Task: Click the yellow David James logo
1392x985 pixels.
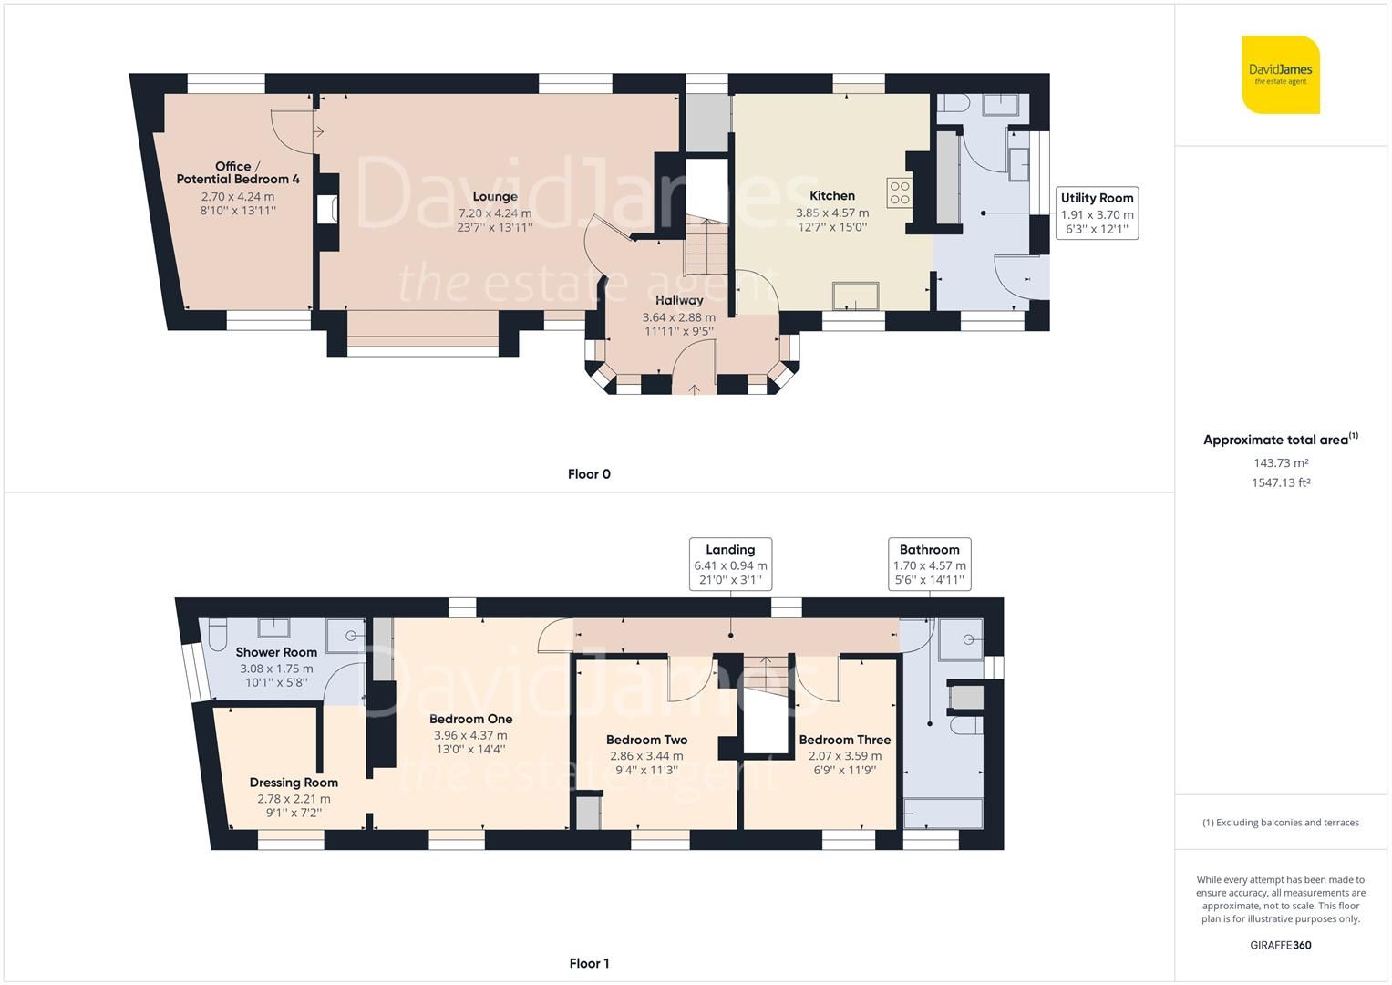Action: (x=1280, y=75)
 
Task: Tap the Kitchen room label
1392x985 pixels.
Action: (x=831, y=195)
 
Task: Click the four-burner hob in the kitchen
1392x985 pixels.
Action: (x=899, y=192)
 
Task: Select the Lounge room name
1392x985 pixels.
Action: (x=495, y=196)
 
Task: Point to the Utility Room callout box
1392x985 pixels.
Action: (x=1097, y=213)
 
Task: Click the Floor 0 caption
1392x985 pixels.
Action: (x=589, y=473)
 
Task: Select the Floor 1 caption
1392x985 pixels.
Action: (x=589, y=963)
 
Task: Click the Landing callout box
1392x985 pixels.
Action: (x=730, y=565)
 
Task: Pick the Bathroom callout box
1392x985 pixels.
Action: (x=929, y=565)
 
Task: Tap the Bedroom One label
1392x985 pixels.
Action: (x=470, y=719)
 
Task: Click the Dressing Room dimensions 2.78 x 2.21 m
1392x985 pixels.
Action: (x=294, y=798)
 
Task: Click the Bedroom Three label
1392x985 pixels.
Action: (x=844, y=740)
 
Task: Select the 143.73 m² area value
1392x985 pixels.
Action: (x=1280, y=463)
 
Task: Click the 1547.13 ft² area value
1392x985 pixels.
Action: (x=1280, y=482)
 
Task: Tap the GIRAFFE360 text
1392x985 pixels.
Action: (x=1280, y=945)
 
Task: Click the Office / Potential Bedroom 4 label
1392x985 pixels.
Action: (x=237, y=172)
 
